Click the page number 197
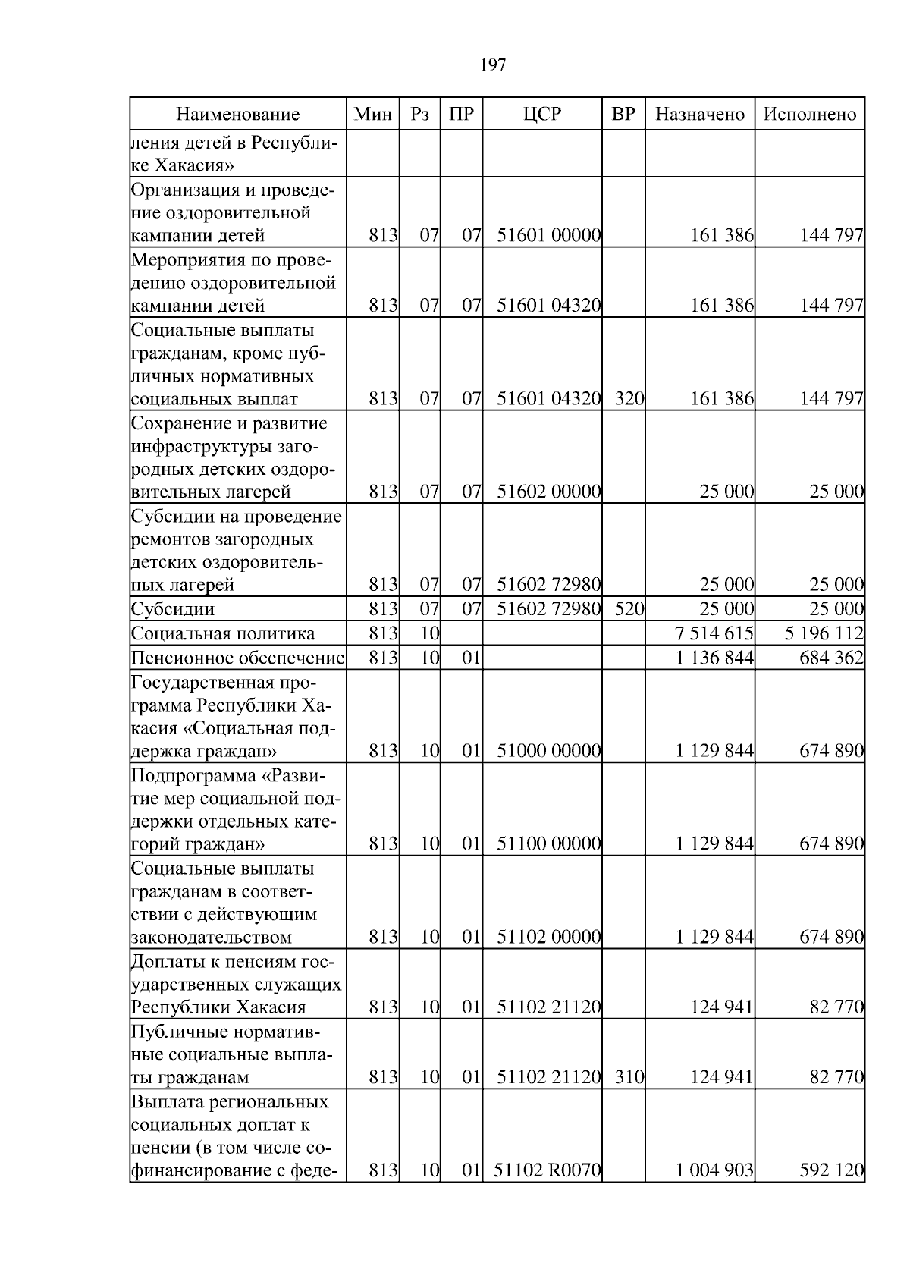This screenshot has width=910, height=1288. coord(493,65)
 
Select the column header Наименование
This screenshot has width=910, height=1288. coord(238,115)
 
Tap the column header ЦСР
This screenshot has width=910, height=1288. coord(542,115)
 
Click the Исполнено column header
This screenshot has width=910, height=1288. coord(809,115)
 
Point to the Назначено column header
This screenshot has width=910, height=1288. coord(700,115)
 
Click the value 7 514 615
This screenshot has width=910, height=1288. coord(714,633)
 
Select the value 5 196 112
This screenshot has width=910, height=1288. coord(824,633)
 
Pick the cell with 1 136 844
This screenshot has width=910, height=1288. coord(714,658)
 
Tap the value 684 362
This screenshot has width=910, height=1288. coord(831,658)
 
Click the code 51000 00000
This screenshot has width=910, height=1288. coord(549,751)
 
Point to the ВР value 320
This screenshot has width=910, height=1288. coord(629,399)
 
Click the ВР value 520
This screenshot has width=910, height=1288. coord(629,609)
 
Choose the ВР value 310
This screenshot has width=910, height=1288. coord(629,1077)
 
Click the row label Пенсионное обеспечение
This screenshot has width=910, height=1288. coord(238,658)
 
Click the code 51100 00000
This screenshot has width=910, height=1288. coord(549,843)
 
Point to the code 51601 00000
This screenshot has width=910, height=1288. coord(549,235)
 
